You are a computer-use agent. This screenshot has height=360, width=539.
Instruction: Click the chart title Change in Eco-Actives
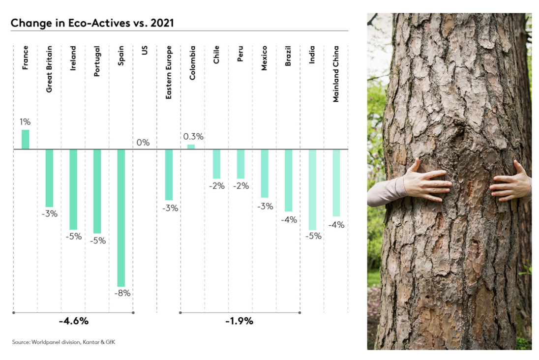tap(92, 23)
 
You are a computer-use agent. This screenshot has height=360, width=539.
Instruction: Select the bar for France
tap(25, 139)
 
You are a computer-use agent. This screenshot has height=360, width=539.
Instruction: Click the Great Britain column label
tap(49, 69)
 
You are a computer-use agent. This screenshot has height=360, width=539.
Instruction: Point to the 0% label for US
tap(143, 143)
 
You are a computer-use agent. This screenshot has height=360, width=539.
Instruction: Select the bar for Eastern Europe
tap(169, 175)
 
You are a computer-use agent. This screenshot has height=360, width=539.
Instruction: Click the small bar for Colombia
tap(191, 147)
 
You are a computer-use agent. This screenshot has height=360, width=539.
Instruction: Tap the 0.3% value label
tap(193, 136)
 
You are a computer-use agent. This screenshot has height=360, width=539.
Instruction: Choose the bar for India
tap(312, 189)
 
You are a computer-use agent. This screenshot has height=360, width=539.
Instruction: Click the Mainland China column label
tap(336, 74)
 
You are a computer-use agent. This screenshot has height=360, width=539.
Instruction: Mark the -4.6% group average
tap(74, 321)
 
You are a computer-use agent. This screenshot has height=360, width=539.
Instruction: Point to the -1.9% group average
tap(239, 321)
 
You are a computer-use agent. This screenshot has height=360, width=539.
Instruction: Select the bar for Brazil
tap(288, 180)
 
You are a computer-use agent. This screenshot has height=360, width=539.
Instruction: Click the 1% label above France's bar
tap(25, 121)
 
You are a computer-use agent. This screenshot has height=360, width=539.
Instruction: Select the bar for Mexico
tap(265, 173)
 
